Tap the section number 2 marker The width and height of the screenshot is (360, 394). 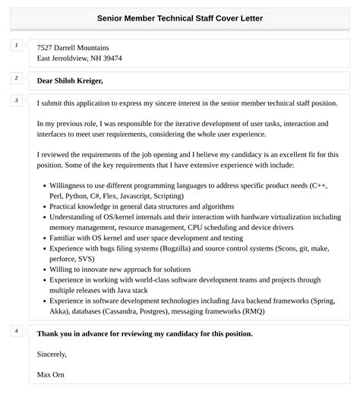tap(17, 78)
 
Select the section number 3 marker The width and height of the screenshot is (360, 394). tap(17, 100)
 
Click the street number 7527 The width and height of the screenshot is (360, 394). tap(46, 48)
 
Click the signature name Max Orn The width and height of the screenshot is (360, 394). tap(50, 374)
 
